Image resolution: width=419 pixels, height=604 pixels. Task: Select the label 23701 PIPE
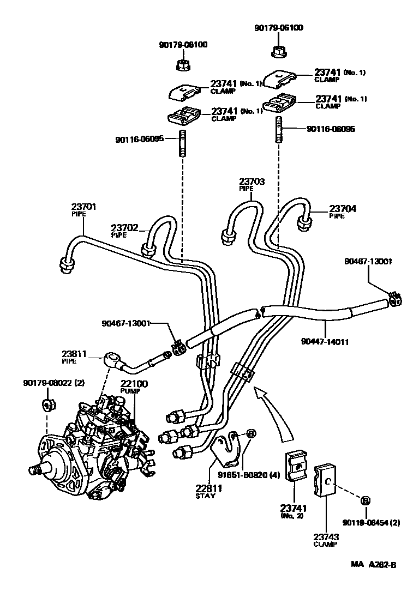click(x=83, y=210)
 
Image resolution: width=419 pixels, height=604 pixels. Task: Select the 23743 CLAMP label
click(x=326, y=540)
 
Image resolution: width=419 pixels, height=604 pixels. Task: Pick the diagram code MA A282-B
click(x=373, y=565)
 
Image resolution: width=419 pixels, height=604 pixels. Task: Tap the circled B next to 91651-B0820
click(x=251, y=434)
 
